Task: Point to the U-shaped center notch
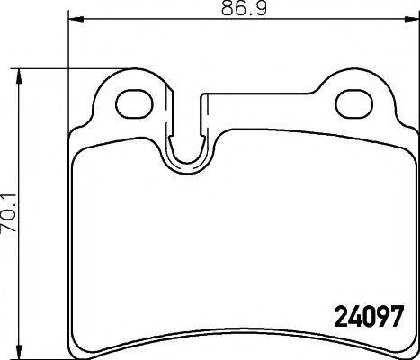[x=188, y=153]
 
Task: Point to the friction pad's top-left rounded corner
[x=79, y=153]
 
